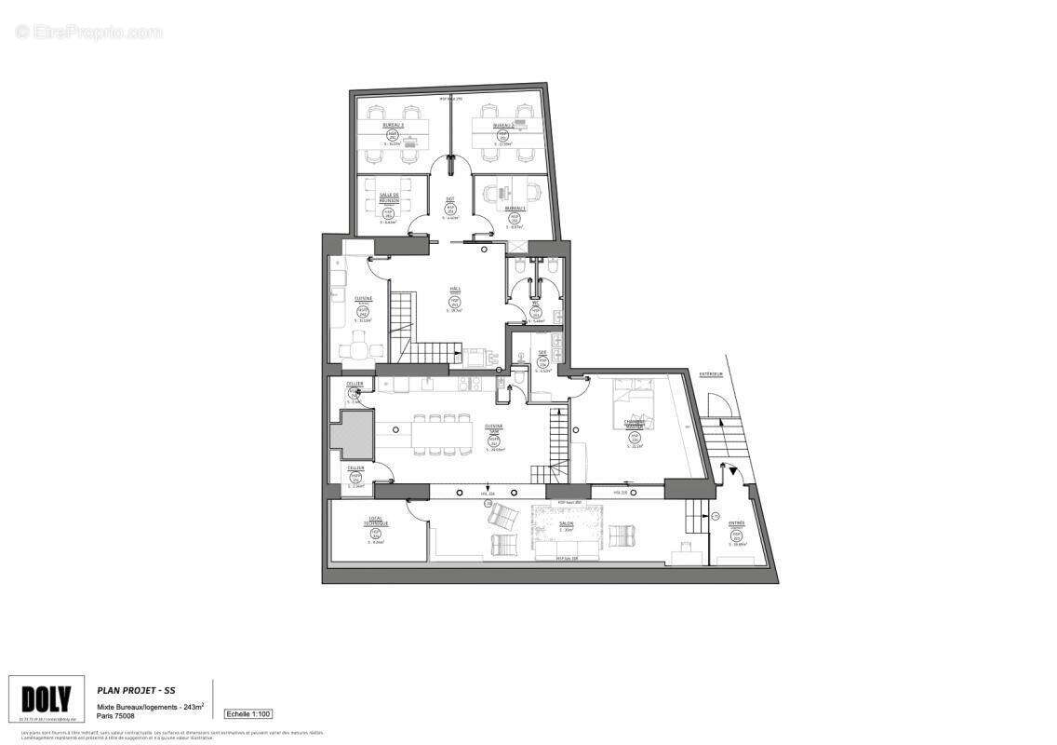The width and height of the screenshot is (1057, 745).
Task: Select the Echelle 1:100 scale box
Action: (x=248, y=714)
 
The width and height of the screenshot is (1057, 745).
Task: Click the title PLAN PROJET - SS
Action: (x=137, y=690)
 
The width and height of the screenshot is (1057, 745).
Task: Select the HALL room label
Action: (x=455, y=290)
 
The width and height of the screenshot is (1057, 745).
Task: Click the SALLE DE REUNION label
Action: (x=389, y=198)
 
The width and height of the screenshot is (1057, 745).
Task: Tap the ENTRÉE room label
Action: (x=735, y=523)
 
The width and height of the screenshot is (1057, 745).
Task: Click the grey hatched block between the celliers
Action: (x=353, y=435)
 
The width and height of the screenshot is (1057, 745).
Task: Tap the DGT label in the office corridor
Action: (x=450, y=199)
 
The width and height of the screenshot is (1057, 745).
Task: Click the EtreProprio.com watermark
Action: (x=88, y=32)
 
